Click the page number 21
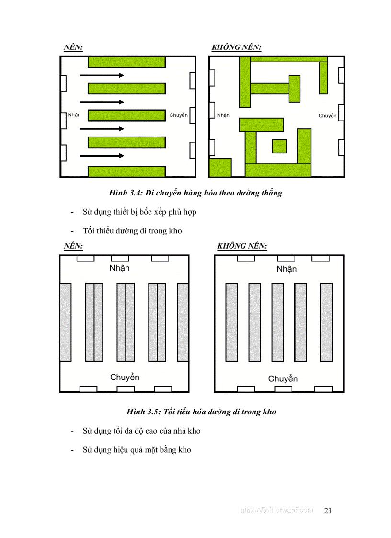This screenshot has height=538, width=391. (x=328, y=510)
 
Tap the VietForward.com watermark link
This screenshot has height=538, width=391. (x=276, y=510)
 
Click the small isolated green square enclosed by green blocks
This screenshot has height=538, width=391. (x=279, y=146)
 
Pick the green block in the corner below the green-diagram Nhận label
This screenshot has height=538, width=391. (x=220, y=168)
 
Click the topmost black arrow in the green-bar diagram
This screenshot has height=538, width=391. (x=102, y=75)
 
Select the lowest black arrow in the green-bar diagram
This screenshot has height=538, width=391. (x=102, y=156)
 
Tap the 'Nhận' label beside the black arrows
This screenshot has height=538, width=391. (x=74, y=115)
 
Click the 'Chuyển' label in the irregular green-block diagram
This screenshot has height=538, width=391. (x=327, y=116)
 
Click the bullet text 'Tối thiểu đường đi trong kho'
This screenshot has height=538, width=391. (x=132, y=231)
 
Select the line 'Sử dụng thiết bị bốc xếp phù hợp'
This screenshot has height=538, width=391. (x=139, y=212)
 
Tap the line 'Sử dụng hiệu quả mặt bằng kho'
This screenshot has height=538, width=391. (x=137, y=450)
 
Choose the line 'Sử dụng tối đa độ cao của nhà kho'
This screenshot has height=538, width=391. (x=141, y=431)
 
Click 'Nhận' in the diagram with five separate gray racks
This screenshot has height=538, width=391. (x=287, y=269)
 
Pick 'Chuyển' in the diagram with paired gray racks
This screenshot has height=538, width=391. (x=125, y=378)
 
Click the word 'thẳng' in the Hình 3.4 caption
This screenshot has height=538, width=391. (x=271, y=193)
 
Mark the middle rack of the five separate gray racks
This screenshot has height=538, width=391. (x=277, y=322)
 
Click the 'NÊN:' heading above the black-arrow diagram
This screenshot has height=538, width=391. (x=73, y=47)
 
